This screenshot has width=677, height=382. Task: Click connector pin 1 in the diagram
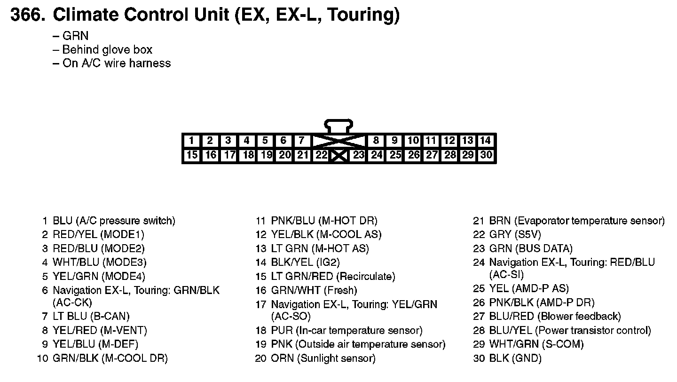[x=192, y=140]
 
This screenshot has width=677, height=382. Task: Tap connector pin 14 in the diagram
[x=486, y=140]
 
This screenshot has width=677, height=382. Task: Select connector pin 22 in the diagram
[x=321, y=155]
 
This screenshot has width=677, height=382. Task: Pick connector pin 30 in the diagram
[x=486, y=155]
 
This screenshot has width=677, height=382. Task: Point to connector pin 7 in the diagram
[x=301, y=140]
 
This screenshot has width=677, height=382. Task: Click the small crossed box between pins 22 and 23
[x=339, y=155]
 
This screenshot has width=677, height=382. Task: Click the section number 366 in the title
[x=27, y=15]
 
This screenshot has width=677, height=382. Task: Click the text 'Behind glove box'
[x=107, y=49]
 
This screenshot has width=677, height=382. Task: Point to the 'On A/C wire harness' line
[x=116, y=63]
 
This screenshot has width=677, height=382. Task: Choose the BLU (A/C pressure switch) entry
[x=113, y=221]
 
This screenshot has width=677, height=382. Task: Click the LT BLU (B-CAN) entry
[x=91, y=317]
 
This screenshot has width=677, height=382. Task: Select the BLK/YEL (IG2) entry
[x=305, y=262]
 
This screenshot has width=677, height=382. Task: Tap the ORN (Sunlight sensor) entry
[x=323, y=358]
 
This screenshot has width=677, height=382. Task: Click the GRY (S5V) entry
[x=515, y=234]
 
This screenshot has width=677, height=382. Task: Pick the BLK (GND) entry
[x=515, y=358]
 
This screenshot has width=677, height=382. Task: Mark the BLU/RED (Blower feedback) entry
[x=555, y=317]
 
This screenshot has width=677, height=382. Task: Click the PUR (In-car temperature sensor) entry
[x=346, y=331]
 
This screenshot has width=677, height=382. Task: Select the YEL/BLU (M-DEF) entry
[x=100, y=344]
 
